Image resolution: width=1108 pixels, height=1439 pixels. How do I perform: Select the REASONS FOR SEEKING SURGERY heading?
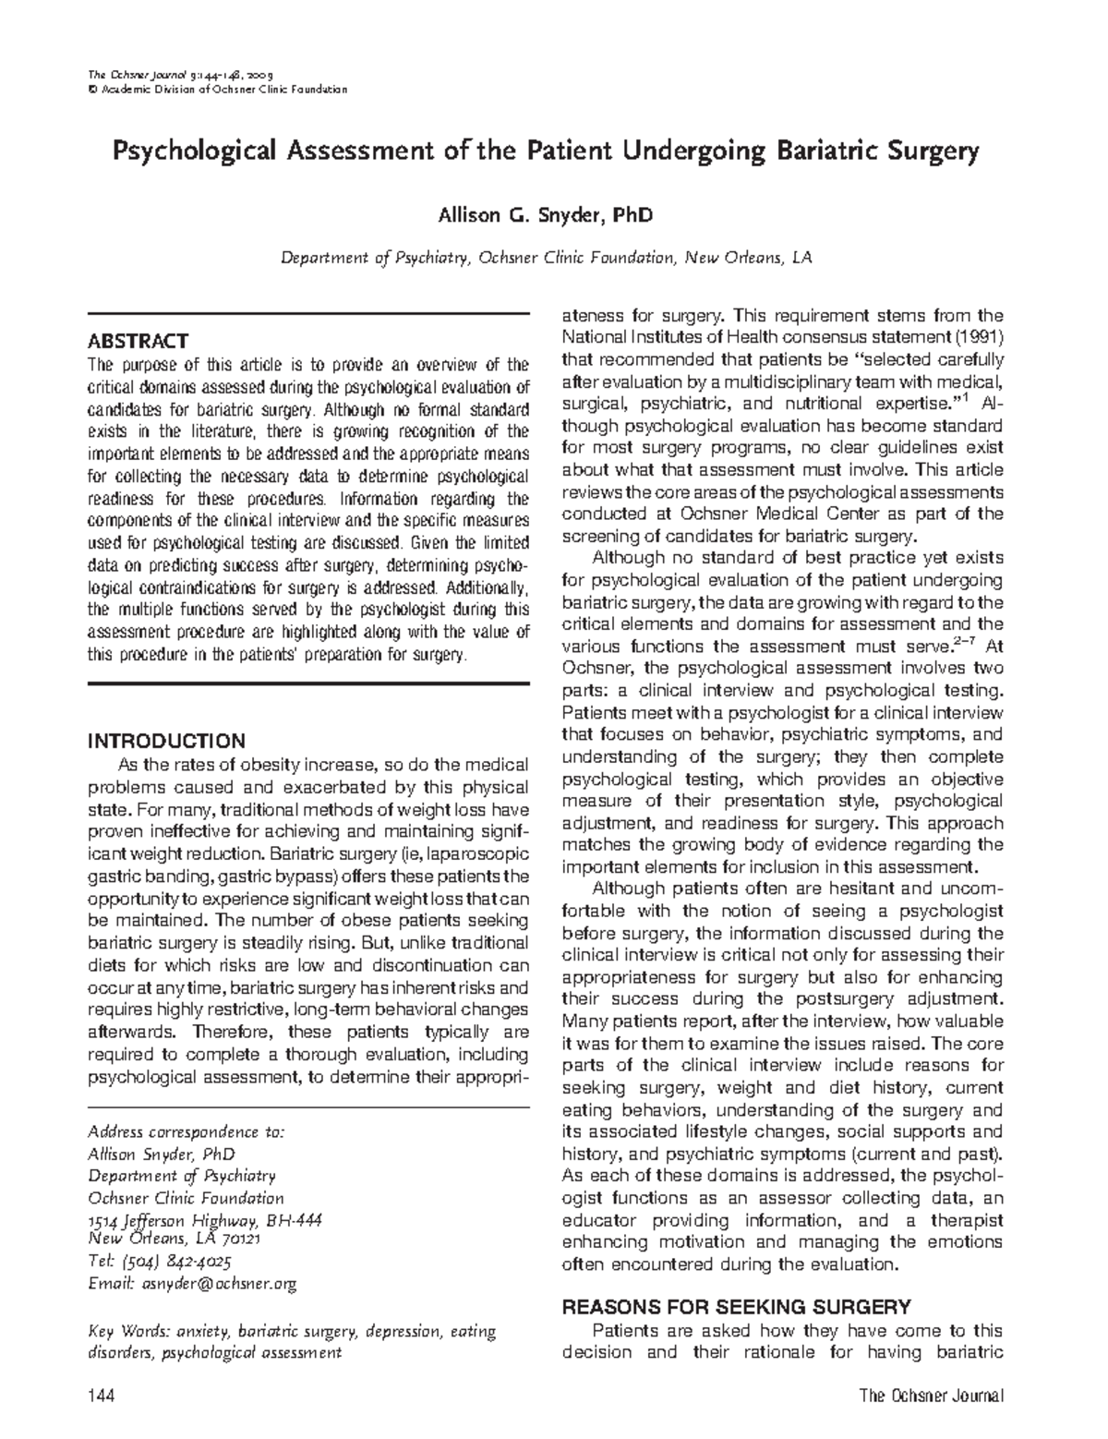pos(737,1307)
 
